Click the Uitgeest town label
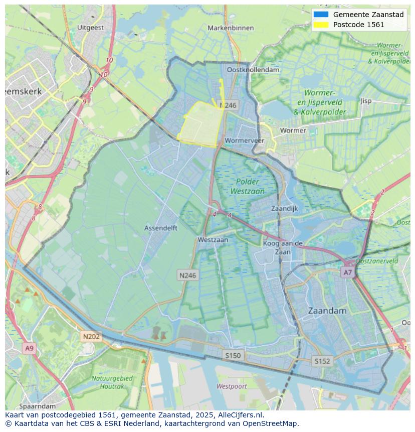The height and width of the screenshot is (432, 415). tap(91, 28)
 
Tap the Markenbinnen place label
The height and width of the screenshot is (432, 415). tap(231, 28)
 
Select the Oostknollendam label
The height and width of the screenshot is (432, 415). tap(253, 70)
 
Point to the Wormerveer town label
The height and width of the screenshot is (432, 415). tap(245, 140)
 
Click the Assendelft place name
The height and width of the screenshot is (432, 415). tap(161, 227)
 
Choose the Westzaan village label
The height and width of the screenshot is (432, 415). tap(213, 240)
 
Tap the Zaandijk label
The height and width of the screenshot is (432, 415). tap(284, 208)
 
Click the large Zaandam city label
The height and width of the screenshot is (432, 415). tap(327, 311)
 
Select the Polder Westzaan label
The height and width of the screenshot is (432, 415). tap(248, 186)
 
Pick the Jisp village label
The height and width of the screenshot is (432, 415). tap(366, 101)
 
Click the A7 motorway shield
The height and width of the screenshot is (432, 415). tap(347, 272)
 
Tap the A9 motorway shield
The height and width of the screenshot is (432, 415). tap(29, 348)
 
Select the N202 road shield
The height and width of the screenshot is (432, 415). tap(91, 337)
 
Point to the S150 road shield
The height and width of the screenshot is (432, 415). tap(233, 355)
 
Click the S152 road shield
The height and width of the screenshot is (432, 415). tap(322, 361)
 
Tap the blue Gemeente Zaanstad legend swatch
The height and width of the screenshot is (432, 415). tap(320, 15)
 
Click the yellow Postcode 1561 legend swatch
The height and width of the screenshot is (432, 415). tap(320, 25)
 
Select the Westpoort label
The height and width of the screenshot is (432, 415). tap(232, 386)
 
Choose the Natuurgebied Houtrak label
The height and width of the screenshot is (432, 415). tap(112, 382)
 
